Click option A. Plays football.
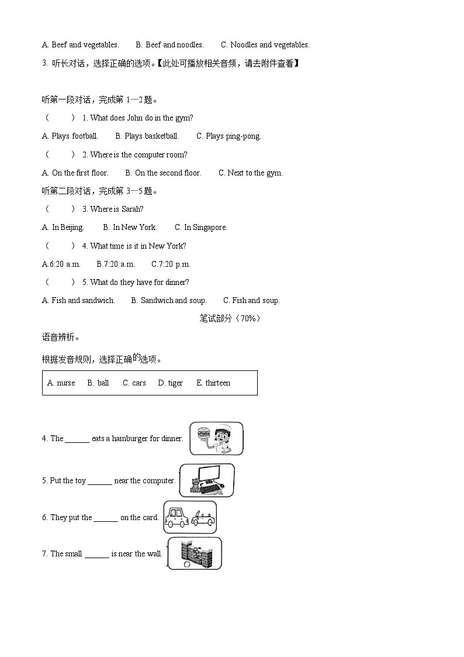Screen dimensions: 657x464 (70, 136)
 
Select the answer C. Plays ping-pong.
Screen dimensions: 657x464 (228, 136)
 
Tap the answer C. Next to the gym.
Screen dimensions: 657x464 (250, 173)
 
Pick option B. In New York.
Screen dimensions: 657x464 (130, 228)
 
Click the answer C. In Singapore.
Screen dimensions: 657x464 (200, 228)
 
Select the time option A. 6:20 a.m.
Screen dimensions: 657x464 (61, 264)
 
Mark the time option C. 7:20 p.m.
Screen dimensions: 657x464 (171, 264)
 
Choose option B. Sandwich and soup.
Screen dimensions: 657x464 (168, 301)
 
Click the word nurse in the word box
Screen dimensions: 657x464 (61, 383)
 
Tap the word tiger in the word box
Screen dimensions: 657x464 (171, 383)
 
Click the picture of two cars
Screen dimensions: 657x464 (190, 517)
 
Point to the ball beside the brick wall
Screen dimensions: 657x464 (186, 565)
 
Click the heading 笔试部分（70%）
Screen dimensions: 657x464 (230, 319)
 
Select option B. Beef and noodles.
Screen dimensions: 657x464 (169, 45)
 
